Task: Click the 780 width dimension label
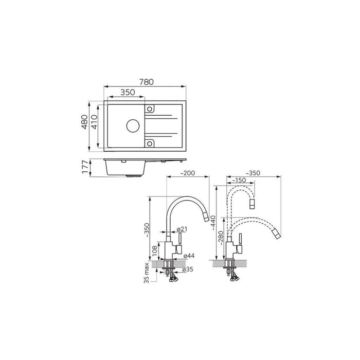[147, 82]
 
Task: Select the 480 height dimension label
[85, 122]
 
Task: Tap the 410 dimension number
[94, 122]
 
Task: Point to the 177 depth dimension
[85, 167]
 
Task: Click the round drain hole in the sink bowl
[133, 125]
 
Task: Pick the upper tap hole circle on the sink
[150, 109]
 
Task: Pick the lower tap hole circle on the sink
[150, 143]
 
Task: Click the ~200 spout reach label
[187, 173]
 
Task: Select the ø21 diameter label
[182, 229]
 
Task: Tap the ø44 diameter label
[189, 256]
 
